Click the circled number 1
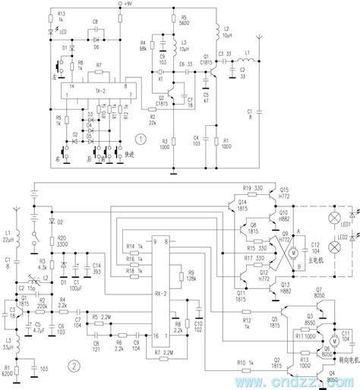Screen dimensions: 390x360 (138, 139)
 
